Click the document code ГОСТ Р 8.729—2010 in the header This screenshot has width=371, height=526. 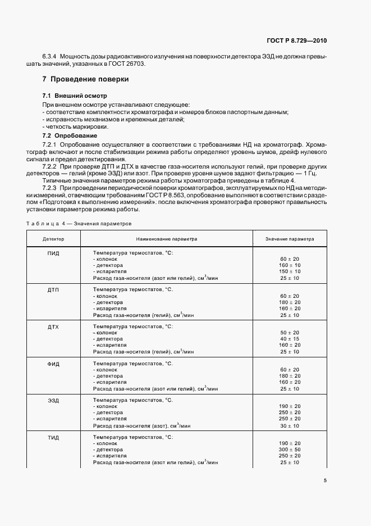tap(298, 41)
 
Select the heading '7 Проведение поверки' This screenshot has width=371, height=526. tap(86, 79)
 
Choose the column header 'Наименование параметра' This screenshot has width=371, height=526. tap(167, 239)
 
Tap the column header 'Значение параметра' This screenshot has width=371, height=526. tap(290, 239)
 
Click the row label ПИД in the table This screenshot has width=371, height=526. tap(53, 253)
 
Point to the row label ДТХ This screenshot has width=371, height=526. tap(53, 327)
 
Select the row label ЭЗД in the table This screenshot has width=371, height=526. tap(53, 400)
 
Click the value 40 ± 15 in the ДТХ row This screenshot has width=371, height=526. tap(290, 339)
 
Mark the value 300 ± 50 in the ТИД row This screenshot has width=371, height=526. tap(290, 450)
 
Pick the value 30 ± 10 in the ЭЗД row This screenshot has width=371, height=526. tap(290, 425)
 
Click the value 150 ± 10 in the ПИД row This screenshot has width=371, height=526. tap(290, 271)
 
